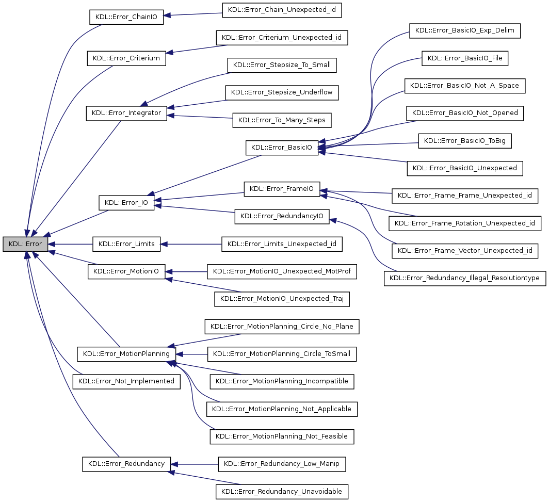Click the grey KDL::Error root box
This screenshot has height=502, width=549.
25,244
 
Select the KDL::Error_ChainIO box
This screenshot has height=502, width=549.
126,17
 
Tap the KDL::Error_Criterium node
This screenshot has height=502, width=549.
126,58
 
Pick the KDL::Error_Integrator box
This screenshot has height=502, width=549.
126,113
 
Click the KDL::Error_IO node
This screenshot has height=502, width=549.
126,203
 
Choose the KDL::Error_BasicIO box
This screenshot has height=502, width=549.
281,148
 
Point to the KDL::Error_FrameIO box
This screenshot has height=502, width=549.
282,189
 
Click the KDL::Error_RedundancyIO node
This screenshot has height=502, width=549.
282,216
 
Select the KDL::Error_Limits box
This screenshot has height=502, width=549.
126,244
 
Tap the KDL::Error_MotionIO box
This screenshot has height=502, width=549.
126,271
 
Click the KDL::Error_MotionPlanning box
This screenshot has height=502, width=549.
126,354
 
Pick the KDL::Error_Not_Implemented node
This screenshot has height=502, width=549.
126,381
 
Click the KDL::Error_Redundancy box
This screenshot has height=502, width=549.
126,464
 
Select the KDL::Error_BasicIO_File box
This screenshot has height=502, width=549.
465,58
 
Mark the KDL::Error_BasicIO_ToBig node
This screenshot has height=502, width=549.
465,141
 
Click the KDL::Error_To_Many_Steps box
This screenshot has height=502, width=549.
282,120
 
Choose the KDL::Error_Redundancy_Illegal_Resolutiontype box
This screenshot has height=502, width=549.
465,278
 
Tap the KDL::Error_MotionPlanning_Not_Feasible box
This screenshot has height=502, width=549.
282,436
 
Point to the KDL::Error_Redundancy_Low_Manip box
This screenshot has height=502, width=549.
282,464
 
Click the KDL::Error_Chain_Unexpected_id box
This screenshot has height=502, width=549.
282,10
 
